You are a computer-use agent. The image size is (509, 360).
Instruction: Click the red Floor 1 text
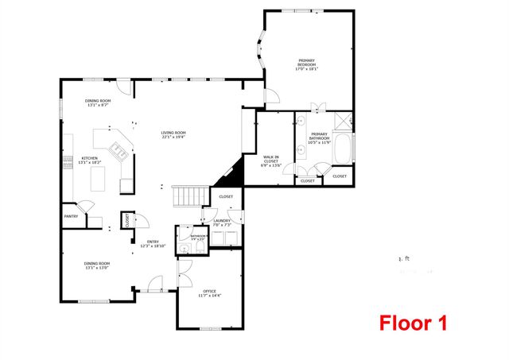(x=412, y=323)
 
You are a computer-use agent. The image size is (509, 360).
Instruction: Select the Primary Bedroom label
(x=306, y=64)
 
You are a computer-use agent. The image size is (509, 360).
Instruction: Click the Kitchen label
(x=89, y=160)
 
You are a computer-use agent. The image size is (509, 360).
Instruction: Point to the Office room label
(x=210, y=293)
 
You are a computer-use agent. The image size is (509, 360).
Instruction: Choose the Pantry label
(x=71, y=215)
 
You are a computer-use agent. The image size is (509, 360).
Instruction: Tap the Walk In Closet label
(x=271, y=161)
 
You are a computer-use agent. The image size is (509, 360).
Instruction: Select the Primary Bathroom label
(x=319, y=138)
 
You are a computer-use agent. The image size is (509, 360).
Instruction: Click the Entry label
(x=154, y=244)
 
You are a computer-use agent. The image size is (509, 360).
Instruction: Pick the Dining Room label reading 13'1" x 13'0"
(x=97, y=265)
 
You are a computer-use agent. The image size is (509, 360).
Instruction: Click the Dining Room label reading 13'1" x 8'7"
(x=98, y=103)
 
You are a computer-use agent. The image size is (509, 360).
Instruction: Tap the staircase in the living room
(x=188, y=194)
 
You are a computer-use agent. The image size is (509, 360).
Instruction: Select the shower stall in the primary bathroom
(x=344, y=121)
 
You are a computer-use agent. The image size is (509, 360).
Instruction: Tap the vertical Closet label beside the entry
(x=127, y=220)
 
